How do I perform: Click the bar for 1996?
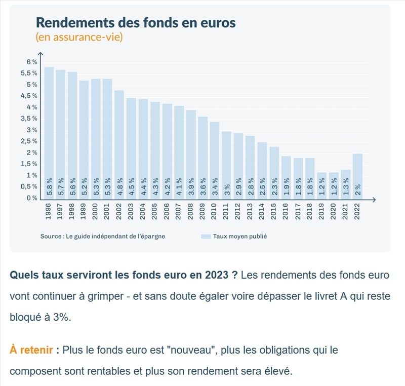pyautogui.click(x=49, y=132)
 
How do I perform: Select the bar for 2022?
pyautogui.click(x=357, y=175)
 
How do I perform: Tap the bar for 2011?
pyautogui.click(x=226, y=165)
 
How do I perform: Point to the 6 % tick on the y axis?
pyautogui.click(x=32, y=62)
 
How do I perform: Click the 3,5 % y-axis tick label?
pyautogui.click(x=29, y=119)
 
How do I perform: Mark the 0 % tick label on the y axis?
pyautogui.click(x=32, y=198)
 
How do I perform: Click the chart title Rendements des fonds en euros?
pyautogui.click(x=136, y=23)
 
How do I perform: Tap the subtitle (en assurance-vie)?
pyautogui.click(x=79, y=37)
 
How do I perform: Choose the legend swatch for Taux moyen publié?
pyautogui.click(x=206, y=236)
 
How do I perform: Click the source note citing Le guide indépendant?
pyautogui.click(x=103, y=236)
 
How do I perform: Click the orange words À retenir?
pyautogui.click(x=32, y=350)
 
